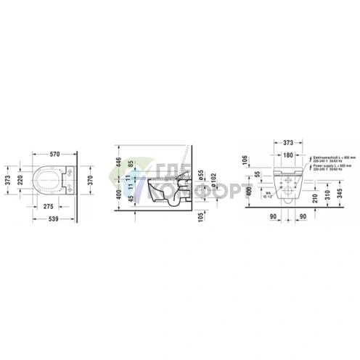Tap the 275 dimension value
click(x=50, y=206)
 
